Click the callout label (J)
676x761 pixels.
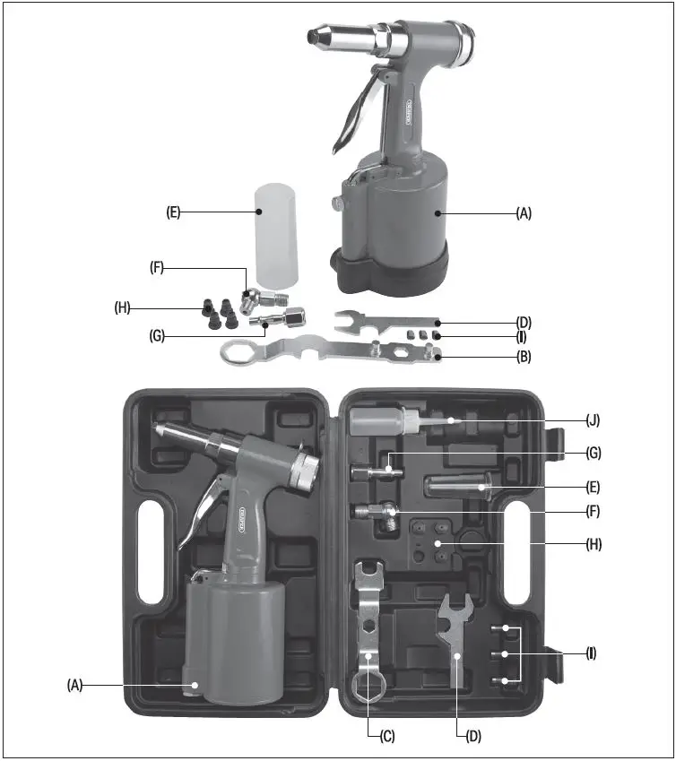(x=593, y=419)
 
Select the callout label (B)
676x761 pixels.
(x=524, y=357)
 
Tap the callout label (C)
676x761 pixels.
(x=386, y=736)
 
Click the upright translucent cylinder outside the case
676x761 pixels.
(x=278, y=232)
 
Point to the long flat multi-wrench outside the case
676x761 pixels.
(x=332, y=350)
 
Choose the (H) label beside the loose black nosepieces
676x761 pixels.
(x=123, y=307)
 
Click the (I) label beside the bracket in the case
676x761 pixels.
(x=591, y=654)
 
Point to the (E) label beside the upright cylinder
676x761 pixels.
(x=174, y=212)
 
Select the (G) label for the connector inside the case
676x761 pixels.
(x=593, y=454)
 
